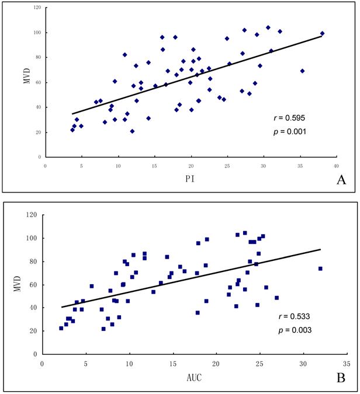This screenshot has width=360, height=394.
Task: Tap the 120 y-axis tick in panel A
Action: point(36,8)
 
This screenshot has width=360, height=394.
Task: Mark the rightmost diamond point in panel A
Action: point(322,33)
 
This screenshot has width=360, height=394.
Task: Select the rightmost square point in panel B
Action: point(320,269)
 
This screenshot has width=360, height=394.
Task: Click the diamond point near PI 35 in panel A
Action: point(302,71)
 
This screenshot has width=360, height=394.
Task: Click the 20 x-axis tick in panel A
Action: point(191,165)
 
